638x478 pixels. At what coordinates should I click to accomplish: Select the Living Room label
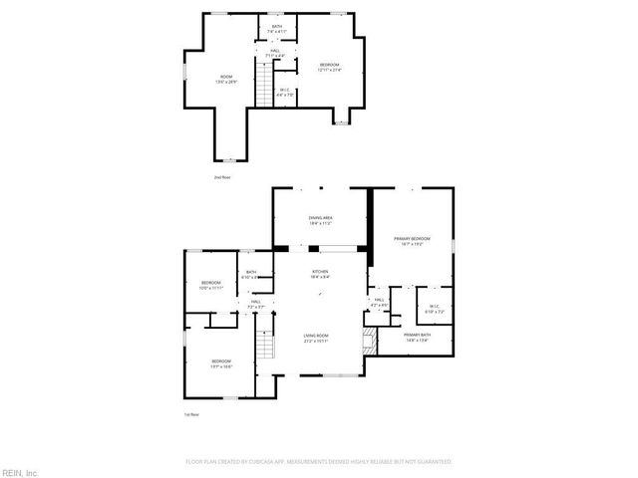tap(317, 338)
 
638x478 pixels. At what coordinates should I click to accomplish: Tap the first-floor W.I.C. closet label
tap(434, 309)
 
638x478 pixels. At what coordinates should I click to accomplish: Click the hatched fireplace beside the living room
tap(370, 341)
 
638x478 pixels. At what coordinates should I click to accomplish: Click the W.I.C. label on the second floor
tap(285, 93)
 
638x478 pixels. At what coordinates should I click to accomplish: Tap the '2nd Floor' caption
tap(222, 176)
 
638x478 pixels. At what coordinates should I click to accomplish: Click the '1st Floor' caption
tap(191, 414)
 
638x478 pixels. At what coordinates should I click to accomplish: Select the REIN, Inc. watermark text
tap(20, 471)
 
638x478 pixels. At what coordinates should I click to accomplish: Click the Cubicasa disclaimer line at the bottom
tap(318, 461)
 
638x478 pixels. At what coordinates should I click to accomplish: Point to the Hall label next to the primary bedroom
tap(379, 302)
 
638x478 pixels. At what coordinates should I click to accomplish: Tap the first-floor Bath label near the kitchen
tap(252, 275)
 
